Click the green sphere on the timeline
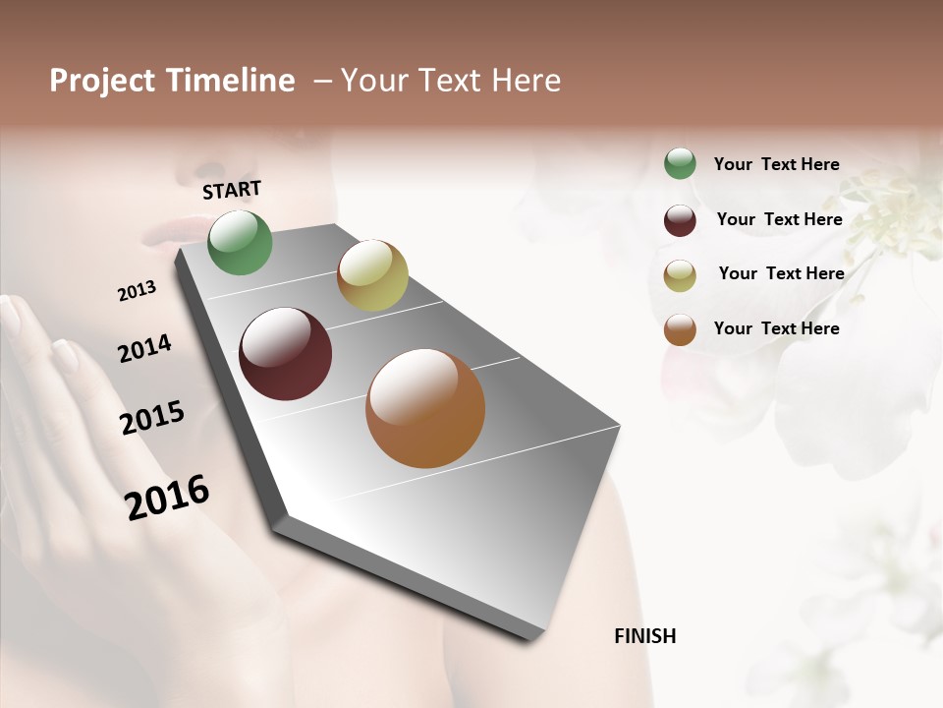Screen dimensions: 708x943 point(240,242)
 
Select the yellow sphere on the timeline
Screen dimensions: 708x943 point(372,275)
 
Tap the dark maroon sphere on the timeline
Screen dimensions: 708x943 point(286,354)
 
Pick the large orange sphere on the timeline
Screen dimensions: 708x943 point(425,408)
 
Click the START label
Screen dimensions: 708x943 point(232,190)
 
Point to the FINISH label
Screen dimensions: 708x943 point(645,636)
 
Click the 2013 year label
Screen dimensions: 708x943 point(138,291)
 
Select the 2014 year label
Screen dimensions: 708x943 point(145,348)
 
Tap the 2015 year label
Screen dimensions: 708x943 point(152,418)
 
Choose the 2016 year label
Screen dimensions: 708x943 point(167,498)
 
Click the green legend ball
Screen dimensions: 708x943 point(680,163)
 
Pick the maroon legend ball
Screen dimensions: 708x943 point(680,220)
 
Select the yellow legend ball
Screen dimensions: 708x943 point(680,275)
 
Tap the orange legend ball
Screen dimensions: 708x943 point(680,329)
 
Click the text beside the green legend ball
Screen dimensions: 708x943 point(777,164)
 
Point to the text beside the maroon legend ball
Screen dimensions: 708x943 point(780,219)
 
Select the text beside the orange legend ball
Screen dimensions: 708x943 point(777,328)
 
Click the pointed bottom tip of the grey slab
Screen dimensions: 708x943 point(531,639)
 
